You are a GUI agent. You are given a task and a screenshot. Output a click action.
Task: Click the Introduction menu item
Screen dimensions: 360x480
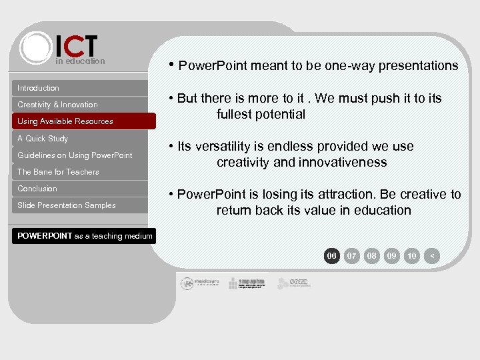tap(38, 88)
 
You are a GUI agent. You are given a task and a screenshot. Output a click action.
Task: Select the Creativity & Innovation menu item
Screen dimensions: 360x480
tap(57, 105)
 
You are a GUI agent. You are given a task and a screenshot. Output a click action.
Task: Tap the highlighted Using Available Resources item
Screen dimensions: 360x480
tap(65, 121)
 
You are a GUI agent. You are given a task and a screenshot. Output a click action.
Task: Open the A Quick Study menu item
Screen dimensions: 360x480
tap(43, 139)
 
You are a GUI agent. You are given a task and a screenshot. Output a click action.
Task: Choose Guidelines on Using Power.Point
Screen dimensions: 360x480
tap(75, 155)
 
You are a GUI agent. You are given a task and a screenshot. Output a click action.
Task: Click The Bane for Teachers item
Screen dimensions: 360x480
tap(58, 172)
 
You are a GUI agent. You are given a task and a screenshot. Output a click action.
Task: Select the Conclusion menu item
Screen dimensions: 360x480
tap(37, 189)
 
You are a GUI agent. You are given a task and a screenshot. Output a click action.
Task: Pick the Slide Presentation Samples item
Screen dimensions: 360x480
tap(67, 205)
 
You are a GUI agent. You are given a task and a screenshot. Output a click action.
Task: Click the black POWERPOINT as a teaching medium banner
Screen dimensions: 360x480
tap(85, 235)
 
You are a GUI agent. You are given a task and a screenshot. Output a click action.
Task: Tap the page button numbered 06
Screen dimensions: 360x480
tap(331, 255)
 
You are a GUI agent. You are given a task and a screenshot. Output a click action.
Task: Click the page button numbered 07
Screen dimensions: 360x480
tap(352, 255)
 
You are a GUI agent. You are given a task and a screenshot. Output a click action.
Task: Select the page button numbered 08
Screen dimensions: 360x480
tap(372, 255)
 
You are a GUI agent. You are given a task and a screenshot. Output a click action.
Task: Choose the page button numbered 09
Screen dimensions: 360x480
tap(392, 255)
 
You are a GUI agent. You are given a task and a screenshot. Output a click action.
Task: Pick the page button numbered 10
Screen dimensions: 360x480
tap(412, 255)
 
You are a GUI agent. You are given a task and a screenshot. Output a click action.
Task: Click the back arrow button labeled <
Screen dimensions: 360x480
tap(432, 255)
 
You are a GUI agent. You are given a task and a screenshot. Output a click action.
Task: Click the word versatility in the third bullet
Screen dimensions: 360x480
tap(227, 146)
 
